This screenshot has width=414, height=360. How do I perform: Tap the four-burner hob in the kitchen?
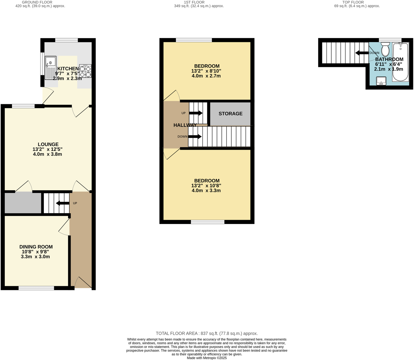coord(85,71)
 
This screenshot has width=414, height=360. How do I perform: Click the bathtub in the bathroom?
coord(401,62)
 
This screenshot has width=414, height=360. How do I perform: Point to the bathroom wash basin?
coord(381,81)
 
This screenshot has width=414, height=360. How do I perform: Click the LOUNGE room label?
coord(48,144)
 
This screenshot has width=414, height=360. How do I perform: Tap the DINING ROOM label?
coord(36,247)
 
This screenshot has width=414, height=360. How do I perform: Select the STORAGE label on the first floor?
coord(230,114)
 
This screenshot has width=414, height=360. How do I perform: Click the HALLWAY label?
coord(185,125)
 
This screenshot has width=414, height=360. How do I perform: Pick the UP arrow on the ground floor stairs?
coord(63,203)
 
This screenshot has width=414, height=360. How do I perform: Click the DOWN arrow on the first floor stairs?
coord(195,137)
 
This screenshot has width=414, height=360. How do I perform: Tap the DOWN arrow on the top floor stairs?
coord(362,53)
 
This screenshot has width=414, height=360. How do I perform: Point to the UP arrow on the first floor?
coord(196,113)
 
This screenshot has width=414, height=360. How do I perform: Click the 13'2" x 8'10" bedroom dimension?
coord(206,71)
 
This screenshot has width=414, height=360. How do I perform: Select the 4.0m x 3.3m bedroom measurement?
coord(206,191)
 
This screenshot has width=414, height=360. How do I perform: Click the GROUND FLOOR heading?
coord(37,2)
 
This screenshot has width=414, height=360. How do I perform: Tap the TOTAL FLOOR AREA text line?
coord(207,333)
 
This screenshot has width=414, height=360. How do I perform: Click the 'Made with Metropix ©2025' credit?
coord(207,358)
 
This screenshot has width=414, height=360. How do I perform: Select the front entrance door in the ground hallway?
coord(83,283)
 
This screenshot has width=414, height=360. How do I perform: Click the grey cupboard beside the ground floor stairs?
coord(23,203)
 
